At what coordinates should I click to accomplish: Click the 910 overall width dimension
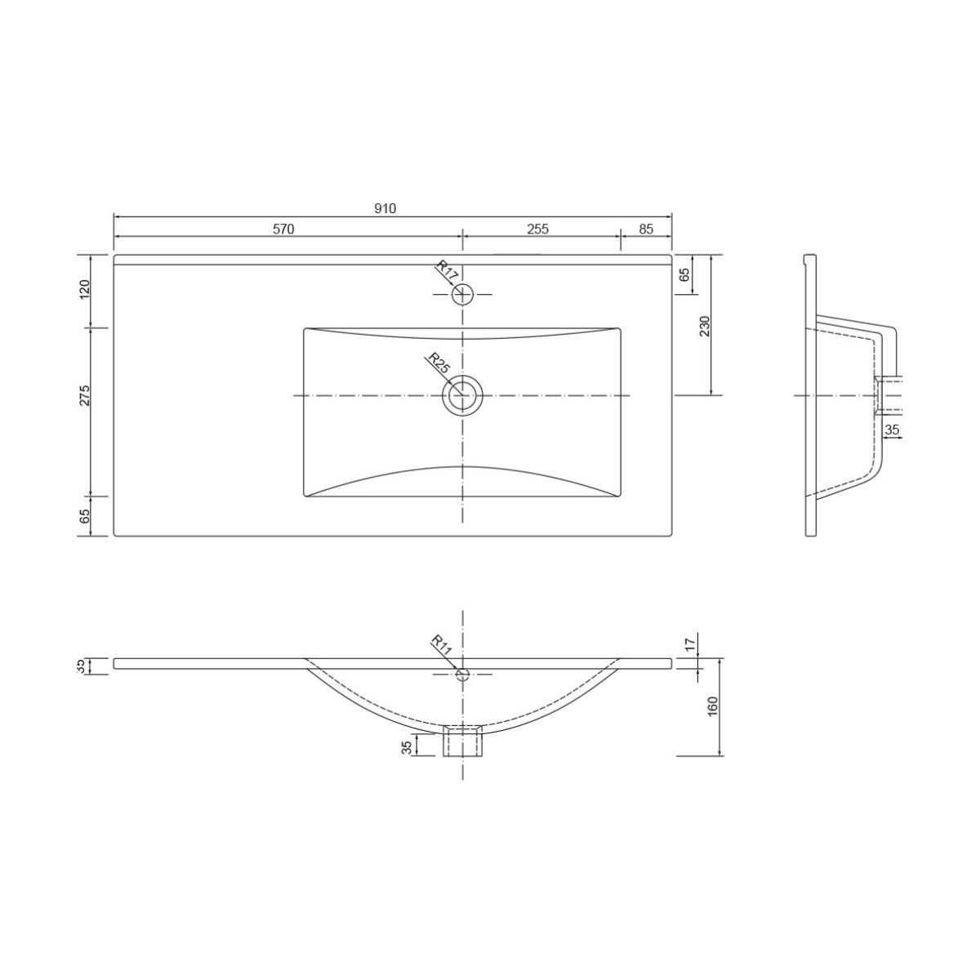click(385, 209)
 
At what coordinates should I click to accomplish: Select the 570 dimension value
click(283, 229)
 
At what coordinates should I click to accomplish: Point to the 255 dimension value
click(537, 229)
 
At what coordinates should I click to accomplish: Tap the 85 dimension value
click(646, 229)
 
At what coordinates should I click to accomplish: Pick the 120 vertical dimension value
click(85, 290)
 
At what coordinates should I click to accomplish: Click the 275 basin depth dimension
click(85, 395)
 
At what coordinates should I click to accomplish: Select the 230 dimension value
click(706, 325)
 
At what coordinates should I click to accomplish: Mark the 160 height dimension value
click(712, 706)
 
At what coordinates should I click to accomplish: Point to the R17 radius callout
click(447, 271)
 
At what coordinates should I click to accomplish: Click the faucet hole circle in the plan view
click(463, 293)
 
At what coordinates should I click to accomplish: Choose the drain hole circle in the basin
click(463, 395)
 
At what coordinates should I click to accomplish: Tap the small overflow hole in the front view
click(463, 674)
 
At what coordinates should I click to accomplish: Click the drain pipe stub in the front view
click(463, 740)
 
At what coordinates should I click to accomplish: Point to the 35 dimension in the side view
click(892, 430)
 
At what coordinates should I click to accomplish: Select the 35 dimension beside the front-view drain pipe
click(408, 746)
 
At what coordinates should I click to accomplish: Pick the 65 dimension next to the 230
click(685, 275)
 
